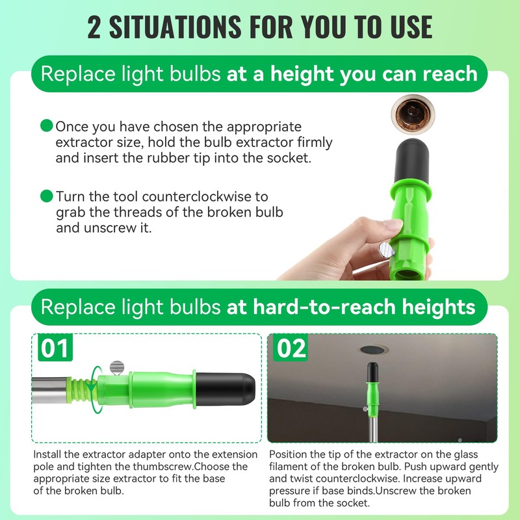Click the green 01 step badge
point(55,349)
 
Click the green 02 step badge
point(291,349)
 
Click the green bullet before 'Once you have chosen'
point(46,125)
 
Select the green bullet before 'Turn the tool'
point(46,195)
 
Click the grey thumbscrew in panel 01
point(116,367)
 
